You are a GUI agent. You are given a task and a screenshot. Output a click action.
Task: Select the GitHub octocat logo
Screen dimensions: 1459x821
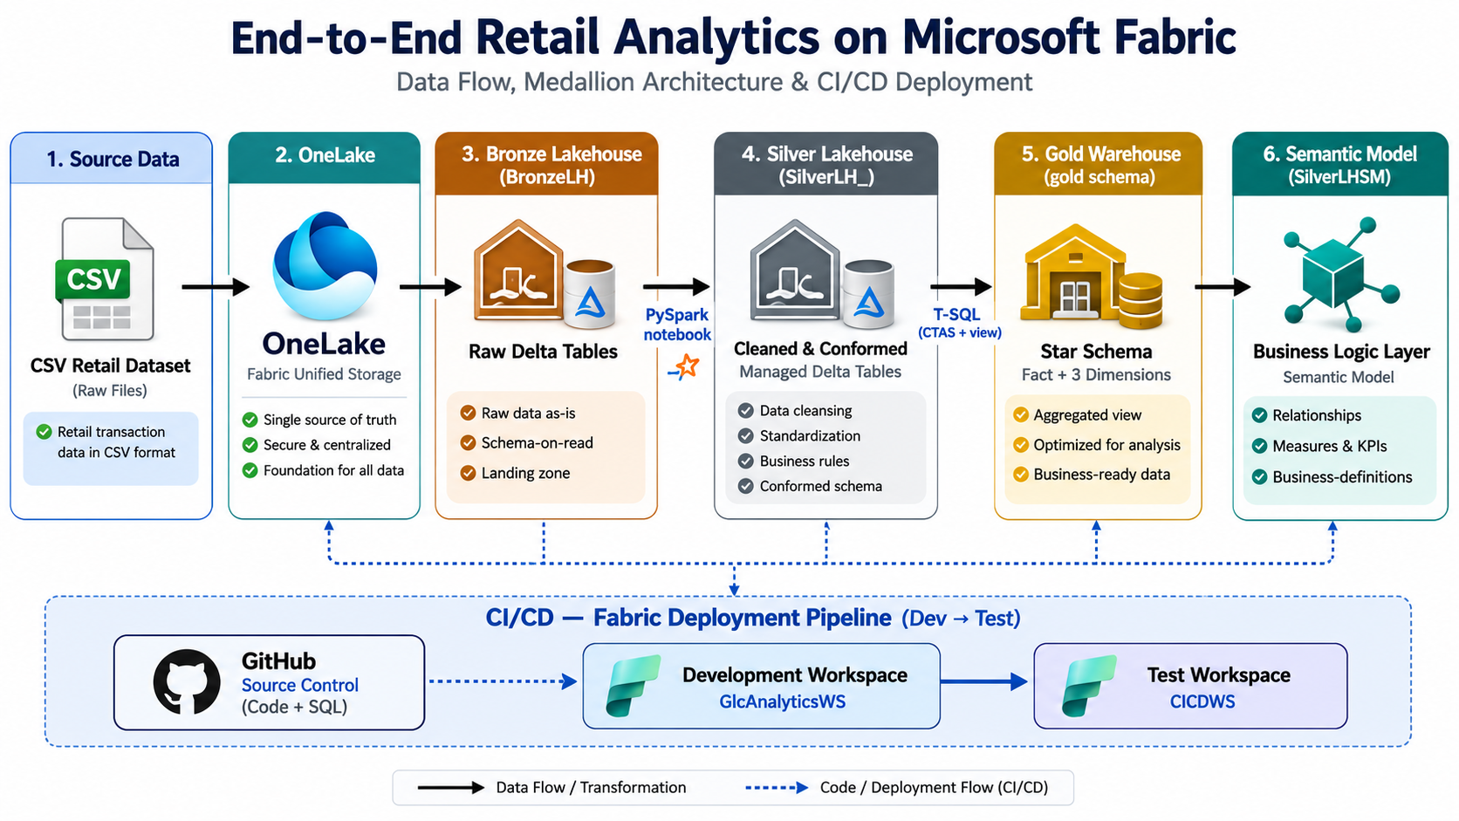187,681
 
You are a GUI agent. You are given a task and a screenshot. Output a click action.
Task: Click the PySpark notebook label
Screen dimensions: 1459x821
677,325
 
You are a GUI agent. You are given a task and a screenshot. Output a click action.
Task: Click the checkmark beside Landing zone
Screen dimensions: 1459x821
468,473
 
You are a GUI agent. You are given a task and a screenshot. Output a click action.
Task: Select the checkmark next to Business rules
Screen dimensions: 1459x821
746,461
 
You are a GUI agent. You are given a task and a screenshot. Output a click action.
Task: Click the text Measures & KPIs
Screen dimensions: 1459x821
1329,446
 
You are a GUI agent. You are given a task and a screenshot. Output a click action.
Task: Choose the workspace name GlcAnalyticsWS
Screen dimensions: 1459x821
782,701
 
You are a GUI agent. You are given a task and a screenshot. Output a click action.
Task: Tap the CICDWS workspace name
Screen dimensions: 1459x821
1202,701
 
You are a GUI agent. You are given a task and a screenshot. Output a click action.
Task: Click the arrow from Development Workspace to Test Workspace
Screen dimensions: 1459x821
983,681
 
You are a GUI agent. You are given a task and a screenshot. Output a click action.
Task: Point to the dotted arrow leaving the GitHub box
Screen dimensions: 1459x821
503,681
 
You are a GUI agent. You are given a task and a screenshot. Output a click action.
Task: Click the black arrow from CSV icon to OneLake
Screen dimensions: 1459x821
216,286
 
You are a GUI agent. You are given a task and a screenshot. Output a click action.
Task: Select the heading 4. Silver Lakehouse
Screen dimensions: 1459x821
826,154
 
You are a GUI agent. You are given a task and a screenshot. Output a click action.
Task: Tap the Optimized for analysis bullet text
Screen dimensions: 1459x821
1106,445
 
